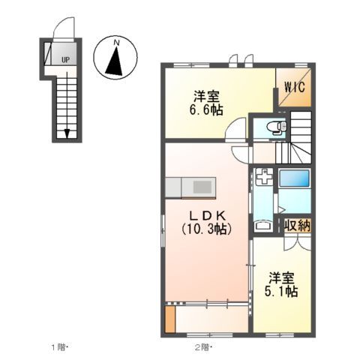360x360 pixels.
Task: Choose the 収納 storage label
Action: [x=298, y=224]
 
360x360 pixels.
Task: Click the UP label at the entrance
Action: [x=65, y=58]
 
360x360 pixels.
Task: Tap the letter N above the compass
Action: [x=116, y=44]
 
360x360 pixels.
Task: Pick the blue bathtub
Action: [x=294, y=181]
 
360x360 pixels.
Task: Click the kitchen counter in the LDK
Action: [x=190, y=185]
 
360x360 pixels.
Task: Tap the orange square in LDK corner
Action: [x=170, y=318]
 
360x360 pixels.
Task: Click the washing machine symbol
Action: [x=263, y=178]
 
